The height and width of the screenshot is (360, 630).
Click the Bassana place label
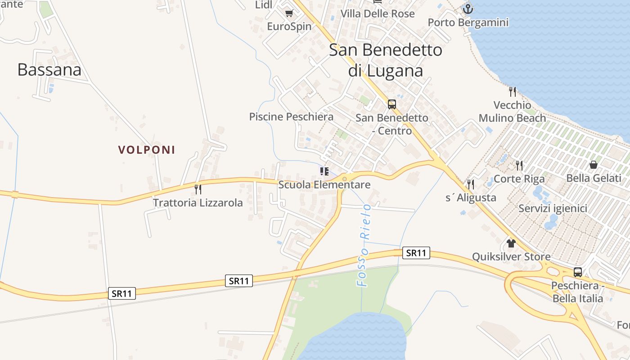coord(49,70)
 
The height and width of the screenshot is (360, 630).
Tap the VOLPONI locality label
coord(147,150)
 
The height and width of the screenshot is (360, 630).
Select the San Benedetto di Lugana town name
coord(386,60)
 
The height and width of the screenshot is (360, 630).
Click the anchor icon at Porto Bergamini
coord(468,9)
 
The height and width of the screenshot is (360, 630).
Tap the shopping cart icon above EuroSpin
coord(289,13)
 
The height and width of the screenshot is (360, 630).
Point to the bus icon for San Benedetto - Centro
coord(392,104)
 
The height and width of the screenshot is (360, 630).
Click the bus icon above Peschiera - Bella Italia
coord(578,272)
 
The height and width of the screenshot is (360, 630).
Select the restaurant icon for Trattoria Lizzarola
coord(198,189)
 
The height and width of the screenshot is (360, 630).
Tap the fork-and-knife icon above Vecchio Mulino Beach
coord(512,92)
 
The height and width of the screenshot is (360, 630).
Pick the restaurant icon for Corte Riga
coord(519,165)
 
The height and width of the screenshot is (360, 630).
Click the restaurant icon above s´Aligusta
coord(471,184)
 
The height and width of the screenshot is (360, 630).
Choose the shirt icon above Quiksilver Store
coord(511,243)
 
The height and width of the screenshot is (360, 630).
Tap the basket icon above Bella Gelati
coord(594,165)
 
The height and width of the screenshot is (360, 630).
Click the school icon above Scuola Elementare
coord(324,171)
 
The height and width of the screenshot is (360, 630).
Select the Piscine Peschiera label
coord(292,117)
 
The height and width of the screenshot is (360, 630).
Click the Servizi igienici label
coord(553,209)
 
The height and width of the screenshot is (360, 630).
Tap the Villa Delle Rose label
coord(378,14)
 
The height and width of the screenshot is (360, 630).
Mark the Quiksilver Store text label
coord(511,257)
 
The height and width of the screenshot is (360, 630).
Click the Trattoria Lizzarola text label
coord(198,203)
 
